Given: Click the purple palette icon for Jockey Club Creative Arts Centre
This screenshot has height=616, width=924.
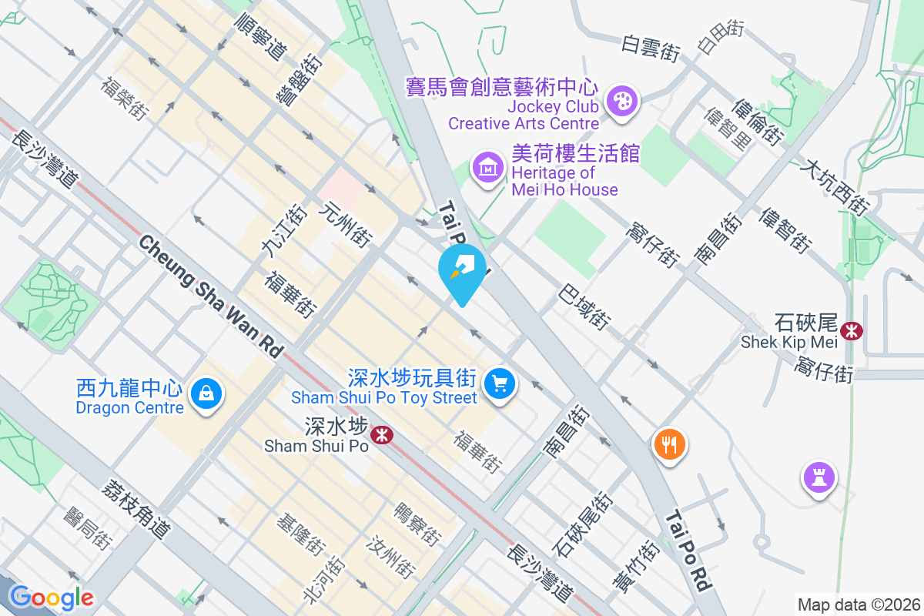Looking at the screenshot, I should (x=621, y=101).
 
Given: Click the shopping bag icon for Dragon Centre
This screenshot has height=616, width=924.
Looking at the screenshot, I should (x=206, y=393).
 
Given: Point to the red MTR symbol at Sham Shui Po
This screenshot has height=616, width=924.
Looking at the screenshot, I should (x=381, y=435).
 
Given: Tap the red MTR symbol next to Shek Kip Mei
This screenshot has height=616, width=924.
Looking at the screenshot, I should (x=852, y=331).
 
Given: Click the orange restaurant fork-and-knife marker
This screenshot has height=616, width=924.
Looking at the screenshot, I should (x=669, y=444).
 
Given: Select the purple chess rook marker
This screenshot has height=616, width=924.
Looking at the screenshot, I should (x=819, y=477).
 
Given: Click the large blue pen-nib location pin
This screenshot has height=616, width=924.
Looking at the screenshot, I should (x=462, y=270).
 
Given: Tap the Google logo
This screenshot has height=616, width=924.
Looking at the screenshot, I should (x=52, y=598).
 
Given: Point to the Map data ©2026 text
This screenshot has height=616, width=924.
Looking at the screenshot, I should (x=858, y=604).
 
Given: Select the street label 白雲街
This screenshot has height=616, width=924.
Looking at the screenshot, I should (x=651, y=49).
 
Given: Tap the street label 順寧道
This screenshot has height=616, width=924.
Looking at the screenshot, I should (x=259, y=35).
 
